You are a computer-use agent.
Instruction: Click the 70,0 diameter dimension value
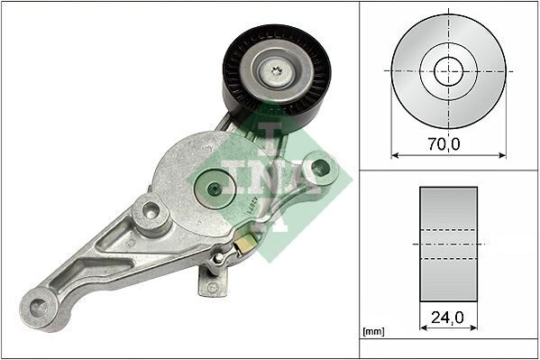[448, 143]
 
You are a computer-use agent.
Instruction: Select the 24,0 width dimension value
[448, 318]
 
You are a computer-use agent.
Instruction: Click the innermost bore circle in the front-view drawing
[448, 70]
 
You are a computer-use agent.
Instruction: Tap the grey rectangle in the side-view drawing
[448, 244]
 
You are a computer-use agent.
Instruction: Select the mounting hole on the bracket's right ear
[318, 167]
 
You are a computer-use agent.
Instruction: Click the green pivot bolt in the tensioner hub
[215, 188]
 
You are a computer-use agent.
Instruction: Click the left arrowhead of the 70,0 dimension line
[394, 154]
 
